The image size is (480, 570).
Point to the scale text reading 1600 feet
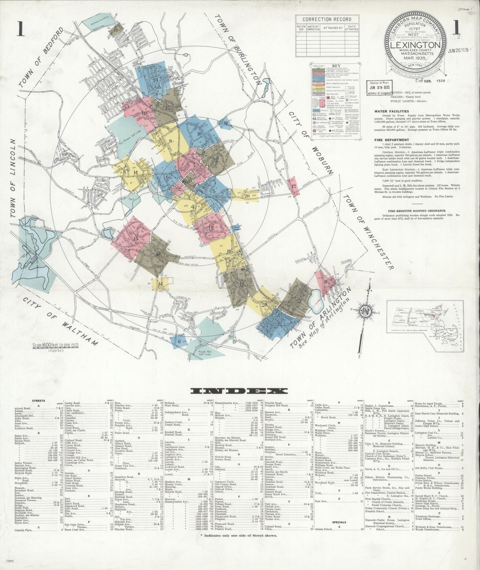(55, 345)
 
